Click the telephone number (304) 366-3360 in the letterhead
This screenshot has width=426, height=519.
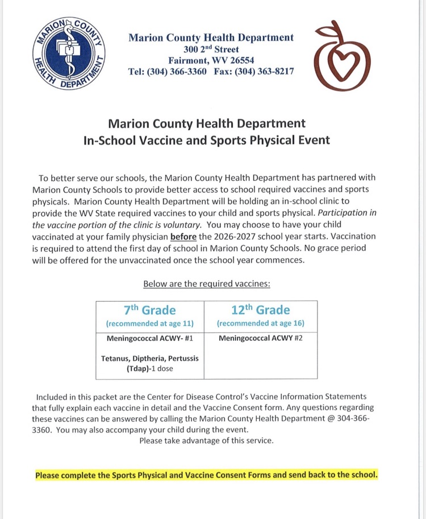[x=177, y=72]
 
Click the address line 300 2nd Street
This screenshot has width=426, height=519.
[x=211, y=50]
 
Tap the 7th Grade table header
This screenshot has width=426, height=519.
[x=150, y=310]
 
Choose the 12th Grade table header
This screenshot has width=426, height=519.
[x=260, y=310]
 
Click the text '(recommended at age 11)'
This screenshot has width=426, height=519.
[x=150, y=324]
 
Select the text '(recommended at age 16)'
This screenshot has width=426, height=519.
[x=260, y=324]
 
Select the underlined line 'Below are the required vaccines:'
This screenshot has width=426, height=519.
[x=207, y=284]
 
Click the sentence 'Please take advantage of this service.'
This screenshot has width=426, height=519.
[x=206, y=440]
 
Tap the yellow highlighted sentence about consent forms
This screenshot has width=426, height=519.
[x=206, y=475]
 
